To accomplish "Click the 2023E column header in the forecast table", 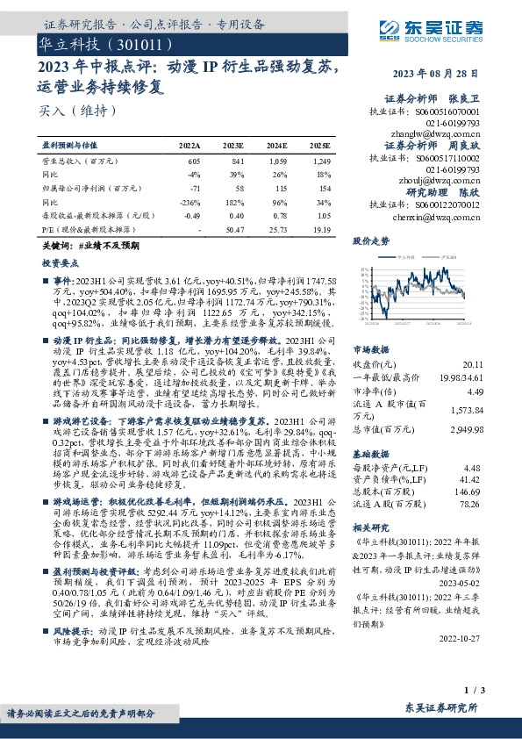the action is pyautogui.click(x=232, y=145).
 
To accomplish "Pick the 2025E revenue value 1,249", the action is pyautogui.click(x=323, y=162).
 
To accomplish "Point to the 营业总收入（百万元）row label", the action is pyautogui.click(x=80, y=162).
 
